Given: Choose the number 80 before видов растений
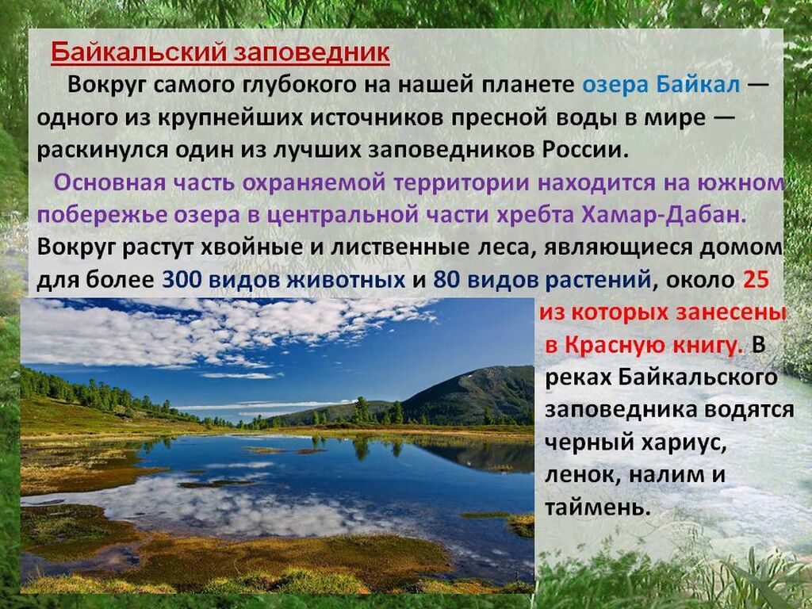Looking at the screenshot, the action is tap(446, 280).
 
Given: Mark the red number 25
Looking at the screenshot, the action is tap(756, 280).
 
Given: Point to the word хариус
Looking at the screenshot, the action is tap(683, 442).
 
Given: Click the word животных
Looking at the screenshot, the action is tap(346, 280).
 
